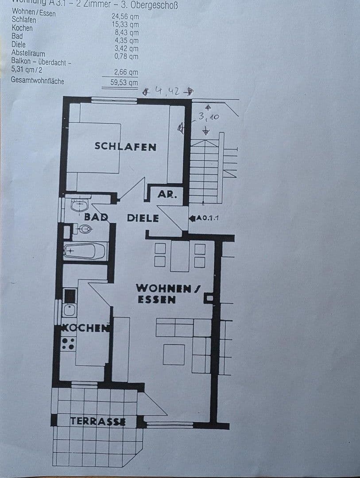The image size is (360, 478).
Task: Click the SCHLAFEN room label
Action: pos(125,146)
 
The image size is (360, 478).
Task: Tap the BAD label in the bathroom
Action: pos(96,217)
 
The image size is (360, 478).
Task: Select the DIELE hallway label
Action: pos(143,218)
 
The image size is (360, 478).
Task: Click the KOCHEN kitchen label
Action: pos(85,328)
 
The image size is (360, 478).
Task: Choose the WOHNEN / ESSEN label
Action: pos(162,293)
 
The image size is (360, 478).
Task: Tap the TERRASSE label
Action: pos(97,421)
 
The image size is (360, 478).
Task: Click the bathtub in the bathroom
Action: pos(85,251)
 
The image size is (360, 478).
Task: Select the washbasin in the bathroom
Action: pos(80,205)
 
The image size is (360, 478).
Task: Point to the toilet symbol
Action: pos(85,229)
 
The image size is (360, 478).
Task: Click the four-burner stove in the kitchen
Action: pos(68,344)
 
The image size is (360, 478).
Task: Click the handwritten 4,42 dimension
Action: pos(168,92)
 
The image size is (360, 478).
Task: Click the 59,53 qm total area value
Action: pos(124,82)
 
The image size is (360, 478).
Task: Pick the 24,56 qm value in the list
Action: pos(125,17)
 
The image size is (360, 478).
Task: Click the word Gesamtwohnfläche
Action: pos(38,81)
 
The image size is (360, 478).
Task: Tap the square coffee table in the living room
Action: pos(174,355)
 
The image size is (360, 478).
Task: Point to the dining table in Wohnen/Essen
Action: pos(180,256)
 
